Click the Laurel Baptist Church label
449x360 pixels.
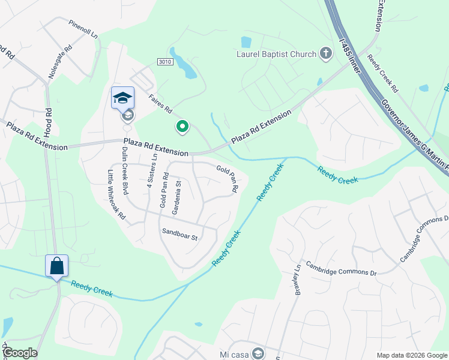(276, 55)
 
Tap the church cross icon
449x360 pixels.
(325, 54)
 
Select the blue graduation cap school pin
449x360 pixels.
(122, 98)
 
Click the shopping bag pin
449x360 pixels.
(56, 266)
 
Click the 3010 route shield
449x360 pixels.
(165, 62)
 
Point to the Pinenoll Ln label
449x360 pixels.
(83, 28)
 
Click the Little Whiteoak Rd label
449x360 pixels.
(116, 194)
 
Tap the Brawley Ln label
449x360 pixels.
(297, 280)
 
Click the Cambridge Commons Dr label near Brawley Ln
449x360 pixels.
(340, 268)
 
